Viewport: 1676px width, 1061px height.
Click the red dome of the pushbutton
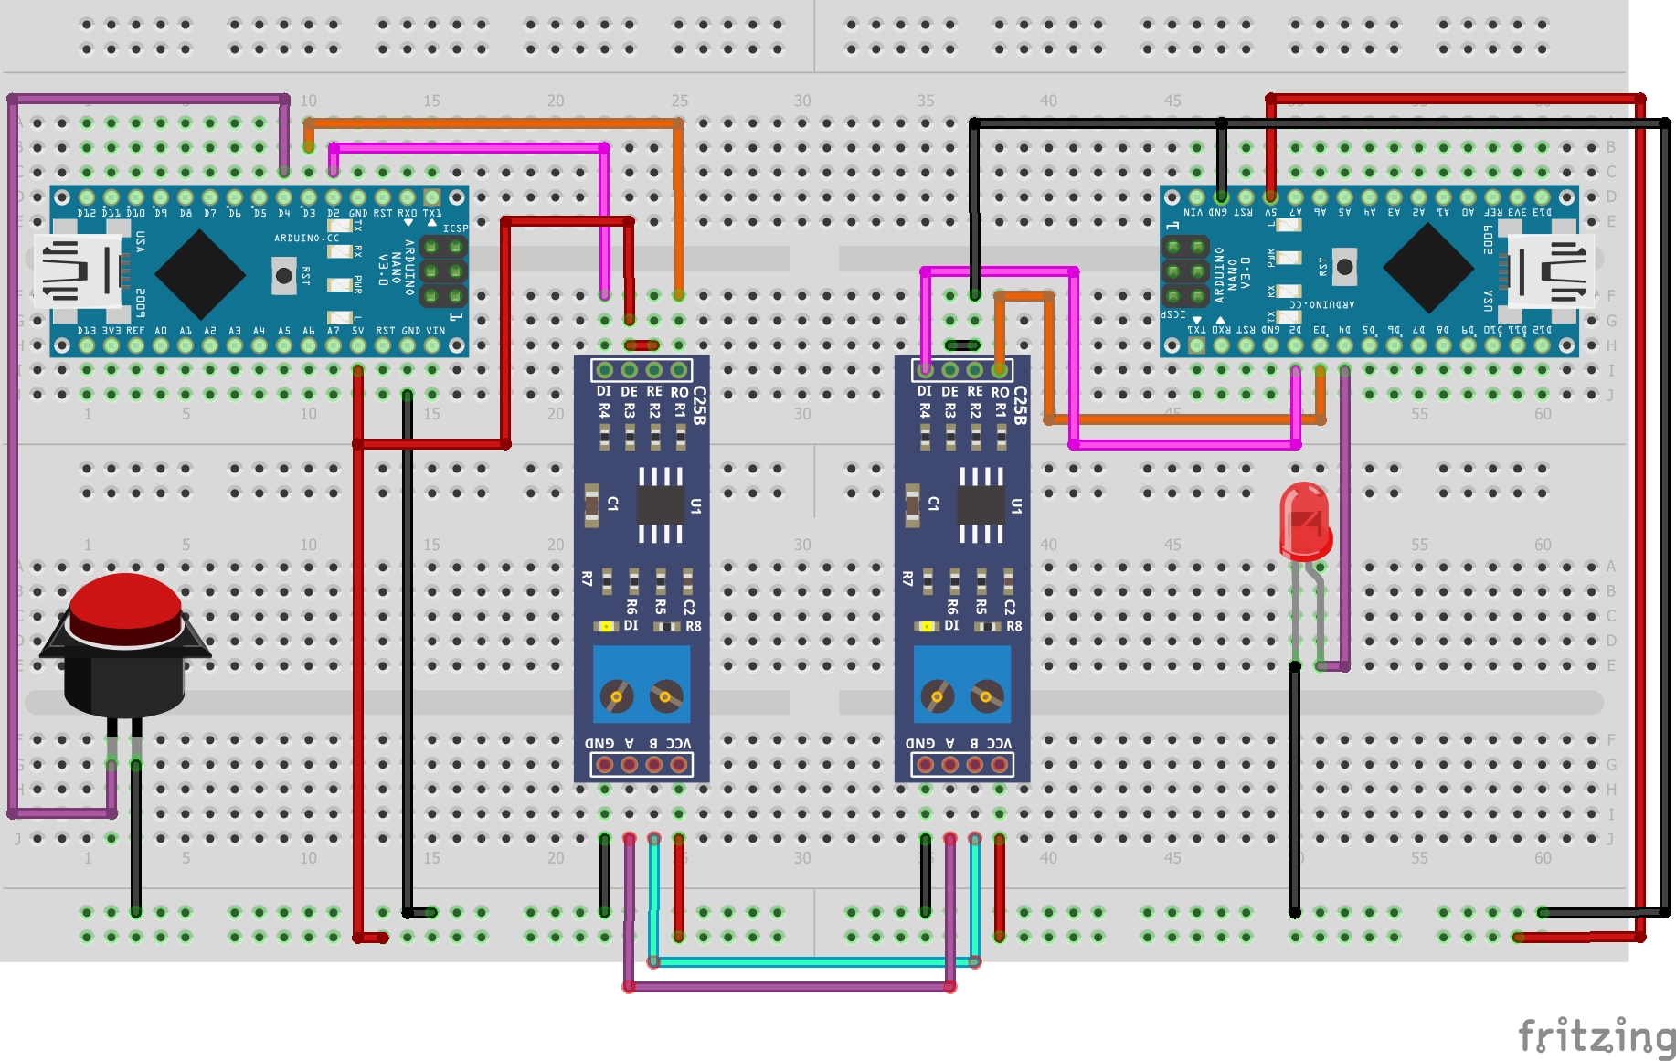[x=125, y=604]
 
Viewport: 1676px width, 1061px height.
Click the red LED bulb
[x=1304, y=521]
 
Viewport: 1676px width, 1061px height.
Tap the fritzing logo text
[x=1595, y=1036]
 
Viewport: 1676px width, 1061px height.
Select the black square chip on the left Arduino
[x=200, y=273]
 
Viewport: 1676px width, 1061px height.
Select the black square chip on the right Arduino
[x=1427, y=269]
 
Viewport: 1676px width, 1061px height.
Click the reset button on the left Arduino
[x=284, y=275]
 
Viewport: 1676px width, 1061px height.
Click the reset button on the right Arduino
[x=1344, y=267]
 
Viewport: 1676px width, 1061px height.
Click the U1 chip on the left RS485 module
[x=660, y=504]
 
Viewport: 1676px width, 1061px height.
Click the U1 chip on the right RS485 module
[x=981, y=504]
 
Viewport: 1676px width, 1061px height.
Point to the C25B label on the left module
[x=699, y=406]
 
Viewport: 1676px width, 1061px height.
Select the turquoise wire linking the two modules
[x=813, y=961]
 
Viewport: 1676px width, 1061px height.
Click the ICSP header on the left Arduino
[x=442, y=271]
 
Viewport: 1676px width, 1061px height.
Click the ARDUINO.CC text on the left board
[x=306, y=239]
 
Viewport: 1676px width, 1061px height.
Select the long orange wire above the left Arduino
[x=493, y=122]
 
